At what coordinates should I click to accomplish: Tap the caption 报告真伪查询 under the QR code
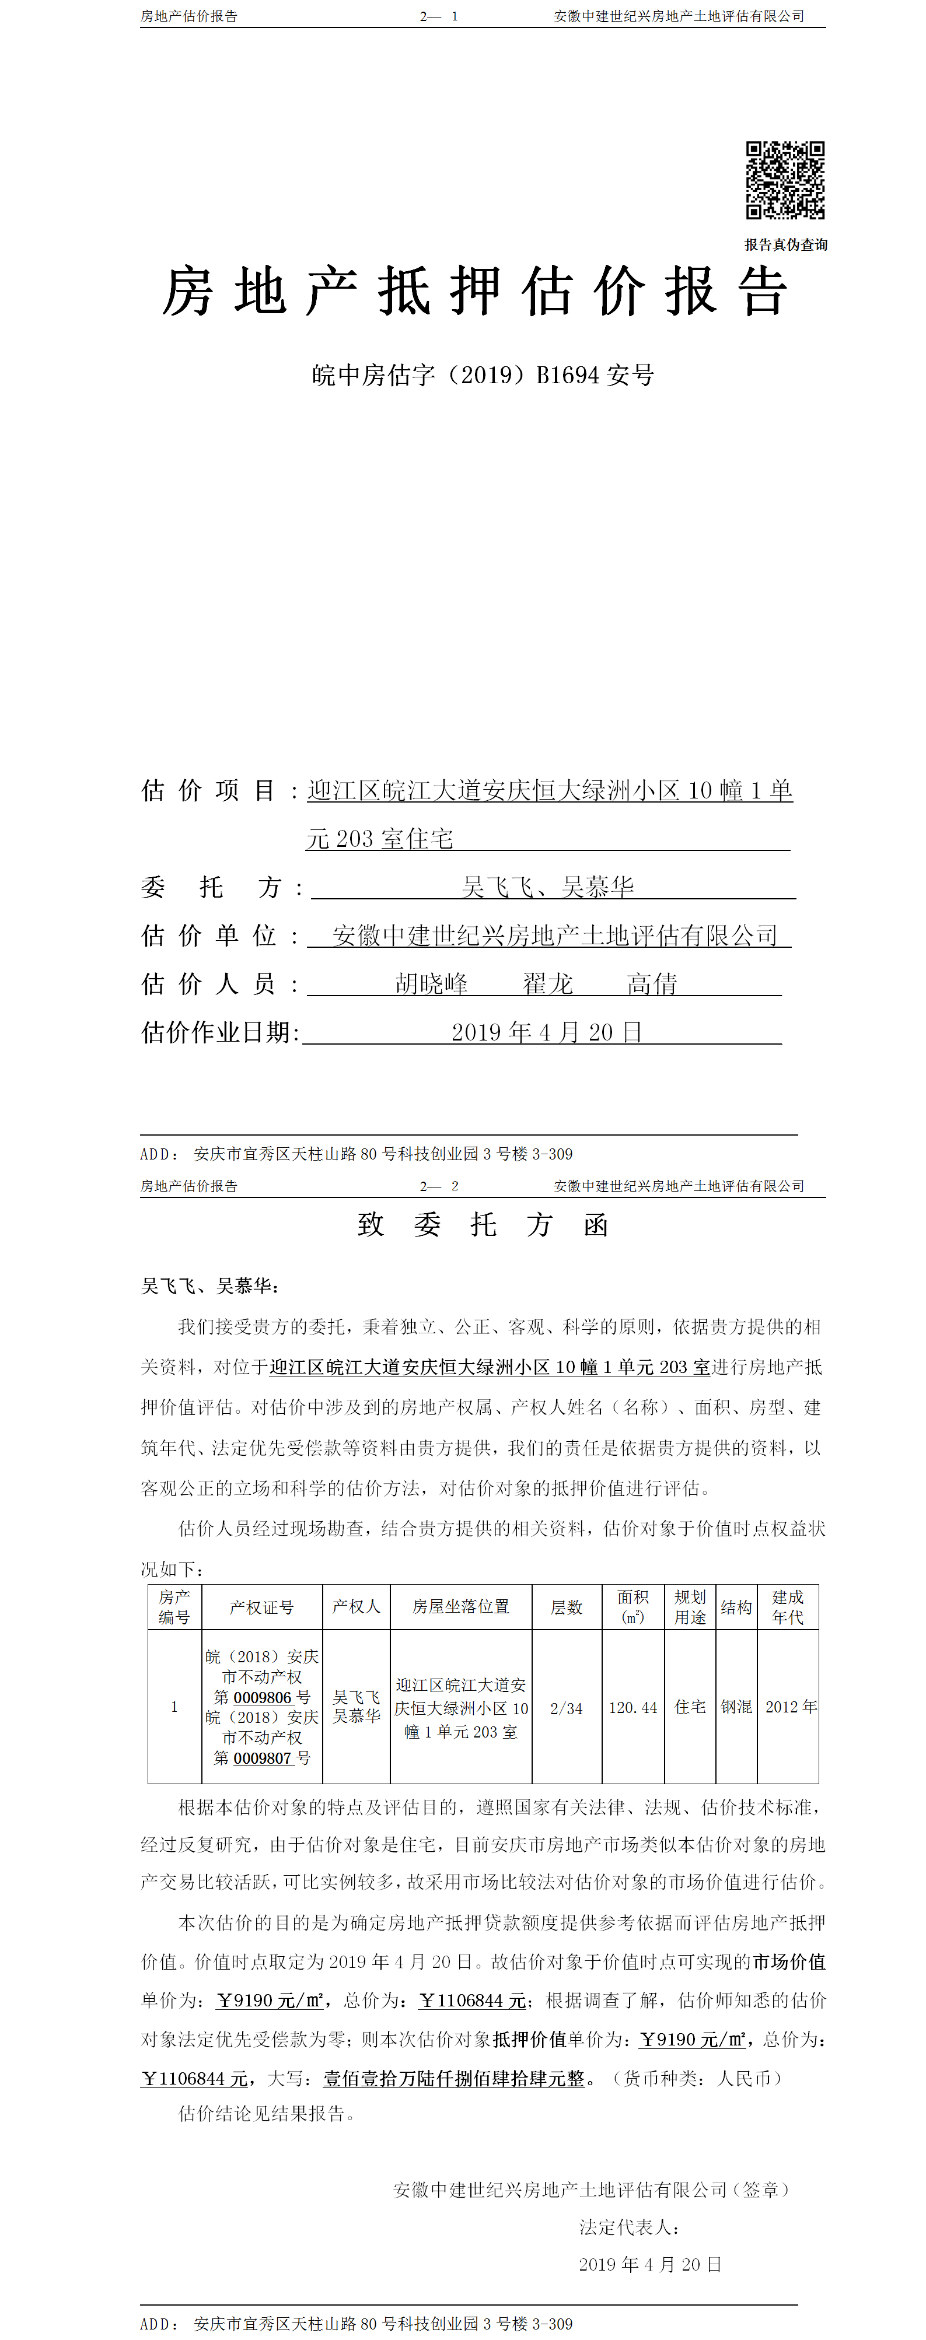[x=785, y=244]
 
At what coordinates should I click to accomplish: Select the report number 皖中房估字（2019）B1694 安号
[x=483, y=374]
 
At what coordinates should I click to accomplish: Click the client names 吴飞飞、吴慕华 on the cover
[x=548, y=887]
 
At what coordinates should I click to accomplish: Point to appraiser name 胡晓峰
[x=432, y=983]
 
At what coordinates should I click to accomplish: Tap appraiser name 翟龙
[x=547, y=983]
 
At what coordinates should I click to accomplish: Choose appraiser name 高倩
[x=652, y=983]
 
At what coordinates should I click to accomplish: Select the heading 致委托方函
[x=483, y=1224]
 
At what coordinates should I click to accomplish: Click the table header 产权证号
[x=262, y=1607]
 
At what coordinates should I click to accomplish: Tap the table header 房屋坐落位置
[x=461, y=1606]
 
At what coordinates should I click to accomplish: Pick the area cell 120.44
[x=633, y=1708]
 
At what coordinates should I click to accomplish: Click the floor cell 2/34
[x=566, y=1708]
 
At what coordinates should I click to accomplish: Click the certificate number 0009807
[x=263, y=1758]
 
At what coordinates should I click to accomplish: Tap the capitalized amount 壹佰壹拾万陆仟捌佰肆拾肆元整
[x=453, y=2078]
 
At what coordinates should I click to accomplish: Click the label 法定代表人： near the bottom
[x=630, y=2226]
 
